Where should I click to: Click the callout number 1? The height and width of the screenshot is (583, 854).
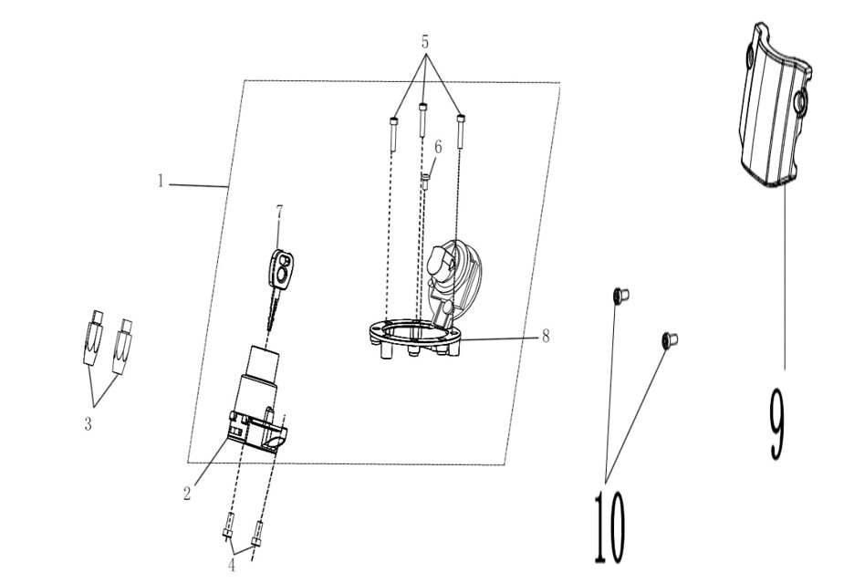pyautogui.click(x=161, y=181)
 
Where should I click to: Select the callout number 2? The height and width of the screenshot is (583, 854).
pyautogui.click(x=187, y=494)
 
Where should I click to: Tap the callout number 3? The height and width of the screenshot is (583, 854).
pyautogui.click(x=89, y=423)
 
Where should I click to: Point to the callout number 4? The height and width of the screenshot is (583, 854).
pyautogui.click(x=232, y=565)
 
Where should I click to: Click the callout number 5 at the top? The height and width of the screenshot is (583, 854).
pyautogui.click(x=425, y=41)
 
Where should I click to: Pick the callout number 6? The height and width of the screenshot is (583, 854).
pyautogui.click(x=438, y=147)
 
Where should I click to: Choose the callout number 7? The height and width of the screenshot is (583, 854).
pyautogui.click(x=279, y=212)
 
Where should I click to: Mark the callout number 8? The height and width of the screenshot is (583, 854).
pyautogui.click(x=546, y=336)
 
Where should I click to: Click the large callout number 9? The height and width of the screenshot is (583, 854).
pyautogui.click(x=777, y=424)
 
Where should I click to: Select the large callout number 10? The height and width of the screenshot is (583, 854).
pyautogui.click(x=609, y=526)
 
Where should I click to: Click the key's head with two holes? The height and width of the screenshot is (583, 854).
pyautogui.click(x=281, y=268)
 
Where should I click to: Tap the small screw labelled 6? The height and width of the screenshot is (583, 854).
pyautogui.click(x=425, y=182)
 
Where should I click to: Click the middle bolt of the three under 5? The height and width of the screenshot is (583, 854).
pyautogui.click(x=422, y=120)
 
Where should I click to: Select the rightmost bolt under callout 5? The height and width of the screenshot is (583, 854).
pyautogui.click(x=461, y=131)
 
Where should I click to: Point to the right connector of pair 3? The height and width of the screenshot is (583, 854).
pyautogui.click(x=123, y=347)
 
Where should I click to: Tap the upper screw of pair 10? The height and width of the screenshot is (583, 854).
pyautogui.click(x=620, y=296)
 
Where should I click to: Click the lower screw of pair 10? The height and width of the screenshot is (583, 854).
pyautogui.click(x=670, y=340)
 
